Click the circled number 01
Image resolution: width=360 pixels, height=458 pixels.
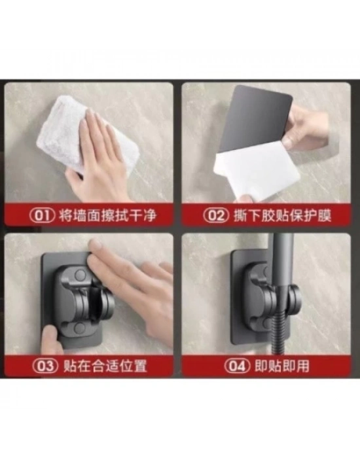pos(42,215)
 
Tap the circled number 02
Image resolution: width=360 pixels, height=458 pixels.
pos(215,215)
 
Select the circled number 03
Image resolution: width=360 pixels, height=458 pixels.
pos(45,366)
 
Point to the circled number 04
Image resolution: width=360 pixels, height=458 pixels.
pos(237,366)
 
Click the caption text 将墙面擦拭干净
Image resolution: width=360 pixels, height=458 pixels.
pos(107,215)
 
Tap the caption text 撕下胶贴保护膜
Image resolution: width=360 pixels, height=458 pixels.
pos(282,215)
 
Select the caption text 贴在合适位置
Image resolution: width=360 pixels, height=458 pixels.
pos(105,366)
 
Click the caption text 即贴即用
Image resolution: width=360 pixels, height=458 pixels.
pos(282,366)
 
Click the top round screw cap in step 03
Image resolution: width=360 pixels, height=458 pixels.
pos(80,275)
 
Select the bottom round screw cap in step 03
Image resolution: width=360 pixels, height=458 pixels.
pos(79,328)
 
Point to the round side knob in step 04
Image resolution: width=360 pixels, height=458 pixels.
pos(294,297)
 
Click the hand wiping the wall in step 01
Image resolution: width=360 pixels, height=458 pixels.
pos(99,158)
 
